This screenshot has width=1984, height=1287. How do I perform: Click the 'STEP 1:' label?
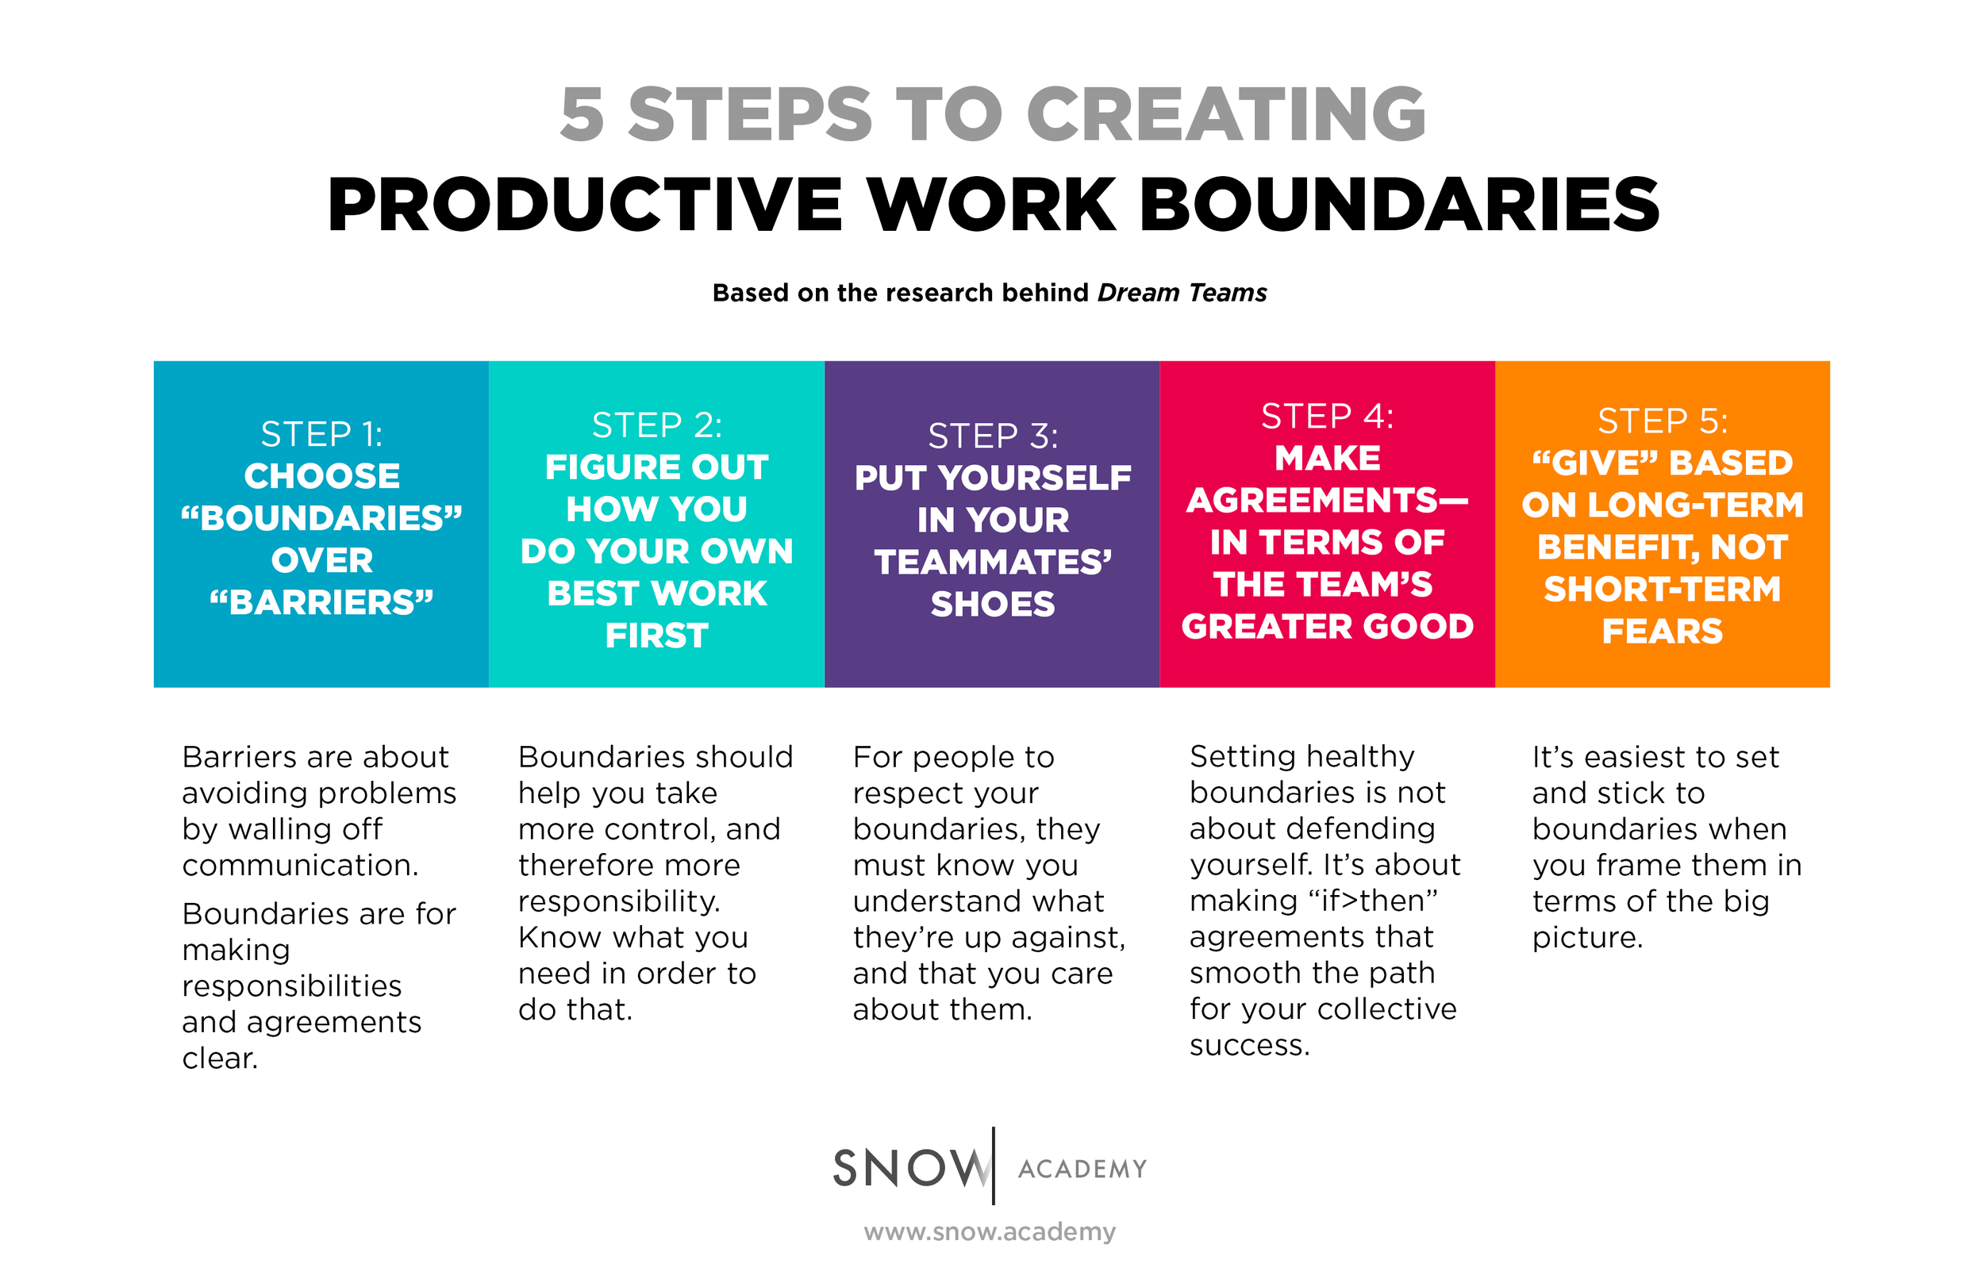[x=321, y=434]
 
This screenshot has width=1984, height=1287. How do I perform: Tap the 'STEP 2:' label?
[x=656, y=425]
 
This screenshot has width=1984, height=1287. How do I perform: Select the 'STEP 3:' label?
[x=992, y=436]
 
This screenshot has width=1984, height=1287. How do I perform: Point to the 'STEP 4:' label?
[x=1326, y=416]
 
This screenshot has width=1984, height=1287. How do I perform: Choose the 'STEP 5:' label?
[x=1663, y=421]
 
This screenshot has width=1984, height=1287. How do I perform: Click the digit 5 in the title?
[x=582, y=114]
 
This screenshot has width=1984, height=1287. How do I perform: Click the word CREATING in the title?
[x=1225, y=114]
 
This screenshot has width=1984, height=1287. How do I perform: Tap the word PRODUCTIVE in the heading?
[x=585, y=205]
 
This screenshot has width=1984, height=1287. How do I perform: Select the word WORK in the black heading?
[x=991, y=205]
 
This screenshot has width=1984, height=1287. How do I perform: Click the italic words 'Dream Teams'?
[x=1181, y=293]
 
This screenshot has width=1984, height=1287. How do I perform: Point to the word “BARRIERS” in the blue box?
[x=321, y=601]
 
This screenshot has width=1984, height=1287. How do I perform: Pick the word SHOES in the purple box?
[x=992, y=605]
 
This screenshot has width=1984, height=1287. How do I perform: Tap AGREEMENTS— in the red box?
[x=1326, y=500]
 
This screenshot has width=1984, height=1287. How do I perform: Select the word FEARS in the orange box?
[x=1663, y=631]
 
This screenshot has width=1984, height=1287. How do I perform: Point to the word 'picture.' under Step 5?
[x=1587, y=937]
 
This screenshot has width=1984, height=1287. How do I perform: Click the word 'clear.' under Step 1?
[x=220, y=1058]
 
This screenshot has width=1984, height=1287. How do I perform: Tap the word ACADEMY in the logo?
[x=1082, y=1169]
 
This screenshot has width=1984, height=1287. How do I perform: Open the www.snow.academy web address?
[x=990, y=1231]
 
